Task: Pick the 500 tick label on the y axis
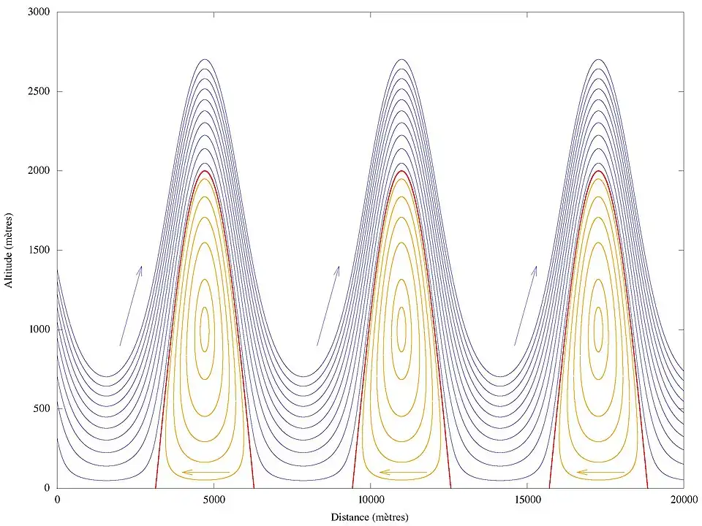[41, 408]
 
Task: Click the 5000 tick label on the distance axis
[214, 500]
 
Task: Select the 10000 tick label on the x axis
[370, 500]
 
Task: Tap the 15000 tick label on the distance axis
[526, 500]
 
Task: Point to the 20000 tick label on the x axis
[683, 500]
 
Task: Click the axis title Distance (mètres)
[370, 517]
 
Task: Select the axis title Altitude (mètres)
[10, 250]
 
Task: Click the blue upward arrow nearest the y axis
[131, 305]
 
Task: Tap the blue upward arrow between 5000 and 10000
[328, 305]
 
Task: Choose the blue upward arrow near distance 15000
[526, 305]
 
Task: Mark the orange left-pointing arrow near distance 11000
[403, 472]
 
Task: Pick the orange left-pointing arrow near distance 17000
[600, 472]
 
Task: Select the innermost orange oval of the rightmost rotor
[599, 329]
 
